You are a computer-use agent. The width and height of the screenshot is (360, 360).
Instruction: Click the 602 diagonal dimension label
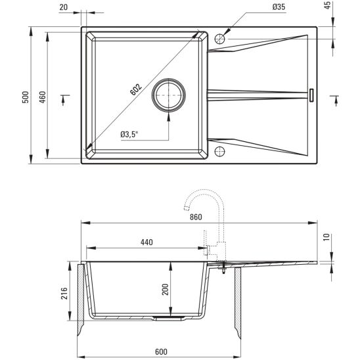pyautogui.click(x=136, y=91)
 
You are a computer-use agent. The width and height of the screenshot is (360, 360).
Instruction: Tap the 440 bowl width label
pyautogui.click(x=146, y=242)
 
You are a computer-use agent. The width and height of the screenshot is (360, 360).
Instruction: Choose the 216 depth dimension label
pyautogui.click(x=64, y=292)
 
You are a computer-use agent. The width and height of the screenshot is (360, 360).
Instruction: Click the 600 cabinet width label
pyautogui.click(x=160, y=351)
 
